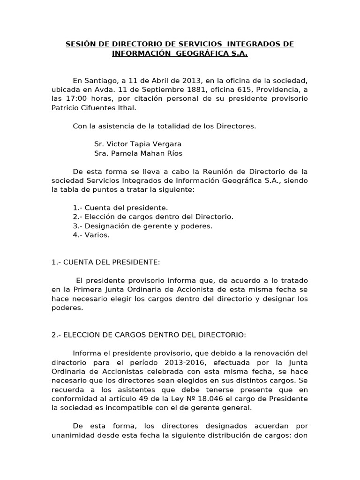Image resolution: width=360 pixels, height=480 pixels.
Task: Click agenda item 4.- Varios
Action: click(x=91, y=235)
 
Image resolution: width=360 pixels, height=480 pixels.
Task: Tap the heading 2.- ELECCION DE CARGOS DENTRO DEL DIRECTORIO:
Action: click(x=149, y=335)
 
